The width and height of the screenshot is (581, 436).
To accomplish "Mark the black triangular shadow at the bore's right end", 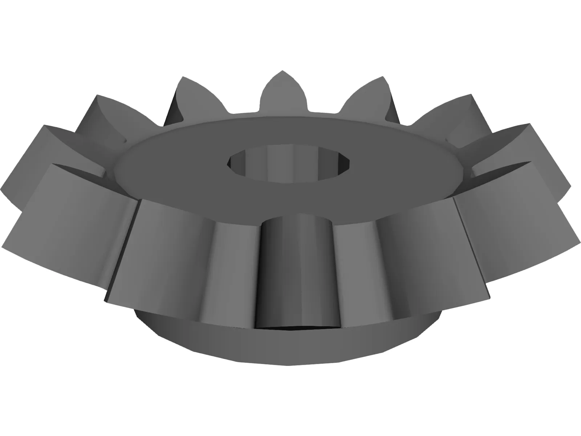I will point(343,162).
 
